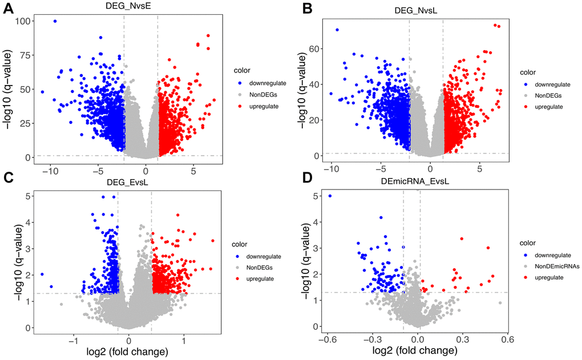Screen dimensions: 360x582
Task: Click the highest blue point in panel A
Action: coord(55,21)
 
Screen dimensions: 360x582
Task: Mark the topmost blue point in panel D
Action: coord(330,196)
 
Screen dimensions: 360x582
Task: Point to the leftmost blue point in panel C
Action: coord(42,274)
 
